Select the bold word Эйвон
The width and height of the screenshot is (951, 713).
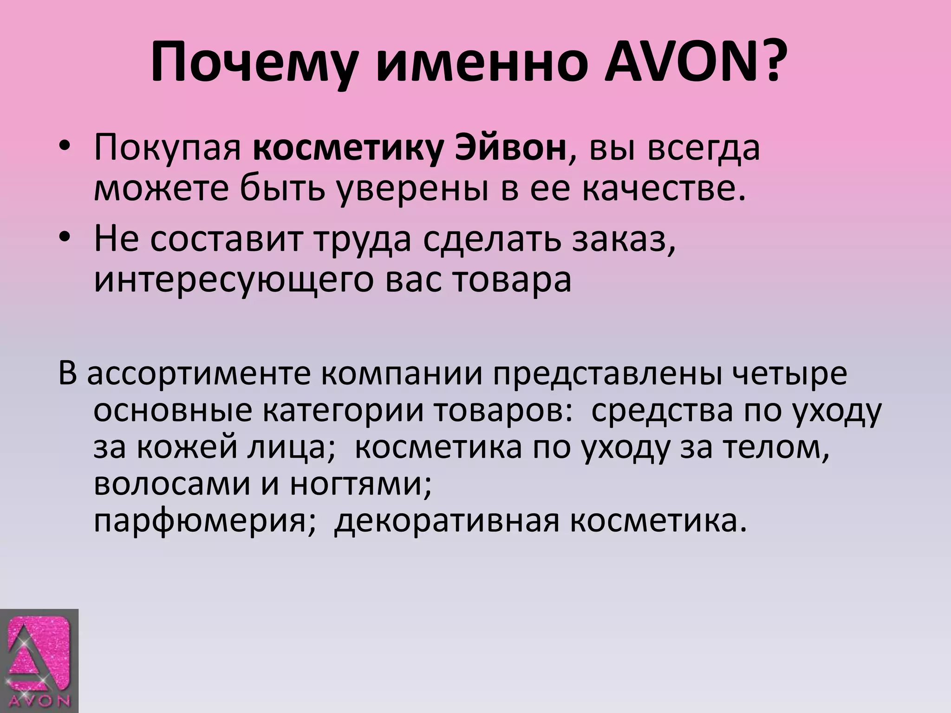(x=510, y=149)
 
